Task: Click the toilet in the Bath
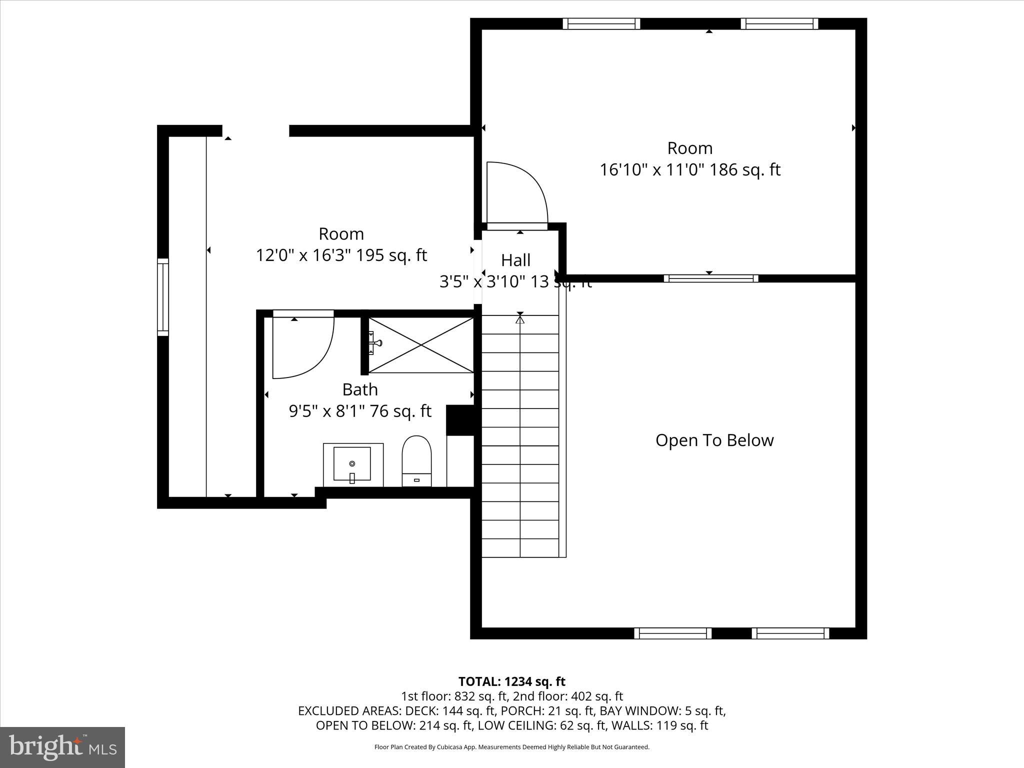416,460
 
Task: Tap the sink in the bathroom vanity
352,464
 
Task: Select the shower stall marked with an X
421,345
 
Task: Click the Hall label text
515,260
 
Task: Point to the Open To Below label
714,440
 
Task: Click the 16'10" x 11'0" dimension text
689,170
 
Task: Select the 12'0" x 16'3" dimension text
341,255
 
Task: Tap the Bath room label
359,389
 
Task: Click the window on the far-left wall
163,297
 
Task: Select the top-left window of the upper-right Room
601,23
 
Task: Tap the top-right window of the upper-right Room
779,23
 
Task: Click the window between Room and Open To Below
710,278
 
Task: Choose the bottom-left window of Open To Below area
672,633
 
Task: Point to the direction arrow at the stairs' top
520,318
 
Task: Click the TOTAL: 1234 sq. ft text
511,681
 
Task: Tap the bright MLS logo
62,747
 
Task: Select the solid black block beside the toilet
460,420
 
